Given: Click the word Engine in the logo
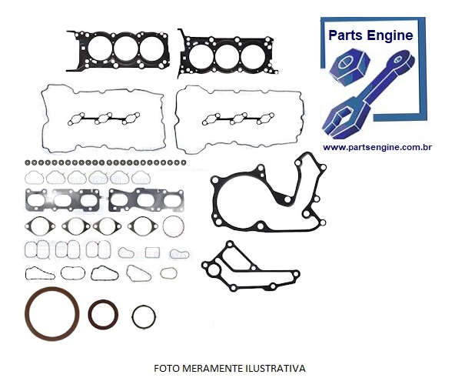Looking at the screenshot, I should coord(394,35).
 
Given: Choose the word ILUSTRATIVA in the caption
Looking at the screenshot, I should coord(272,367).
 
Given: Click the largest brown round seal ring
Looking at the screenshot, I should coord(52,315).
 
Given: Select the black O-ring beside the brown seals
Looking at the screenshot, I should coord(144,316).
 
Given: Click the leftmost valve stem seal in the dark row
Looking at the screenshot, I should coord(28,164).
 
